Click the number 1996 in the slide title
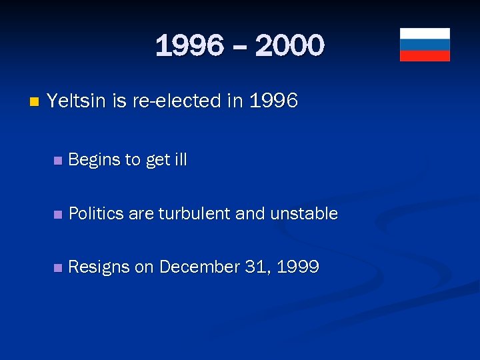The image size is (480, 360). (189, 47)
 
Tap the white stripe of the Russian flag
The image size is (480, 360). (425, 33)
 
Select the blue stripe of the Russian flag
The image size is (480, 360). (425, 45)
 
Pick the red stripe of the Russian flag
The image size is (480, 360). (425, 55)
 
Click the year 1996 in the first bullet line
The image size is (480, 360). (273, 101)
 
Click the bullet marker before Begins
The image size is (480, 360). (58, 161)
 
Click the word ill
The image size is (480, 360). (180, 159)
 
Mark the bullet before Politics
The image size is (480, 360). (58, 215)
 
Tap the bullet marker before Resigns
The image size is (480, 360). (58, 268)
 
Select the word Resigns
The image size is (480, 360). (99, 267)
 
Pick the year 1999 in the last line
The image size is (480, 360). (297, 267)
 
